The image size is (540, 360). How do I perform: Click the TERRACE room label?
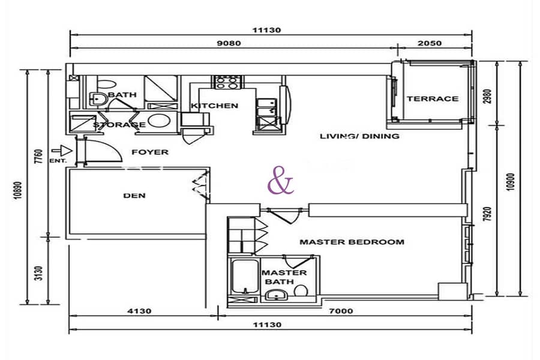(x=433, y=99)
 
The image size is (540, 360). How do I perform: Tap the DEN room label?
(x=134, y=196)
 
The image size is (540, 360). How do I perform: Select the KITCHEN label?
(x=215, y=106)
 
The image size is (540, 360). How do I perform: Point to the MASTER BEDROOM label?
(x=352, y=242)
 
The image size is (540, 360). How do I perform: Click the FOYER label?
(x=150, y=152)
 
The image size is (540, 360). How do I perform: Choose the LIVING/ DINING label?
(x=359, y=136)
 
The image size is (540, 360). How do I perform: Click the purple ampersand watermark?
(x=281, y=180)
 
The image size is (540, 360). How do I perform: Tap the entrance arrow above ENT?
(x=62, y=151)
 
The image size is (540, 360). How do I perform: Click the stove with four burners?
(x=227, y=83)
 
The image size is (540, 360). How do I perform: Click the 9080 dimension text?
(x=229, y=43)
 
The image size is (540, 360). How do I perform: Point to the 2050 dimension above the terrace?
(x=429, y=43)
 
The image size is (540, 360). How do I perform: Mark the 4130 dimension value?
(x=139, y=311)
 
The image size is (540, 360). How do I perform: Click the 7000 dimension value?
(x=341, y=311)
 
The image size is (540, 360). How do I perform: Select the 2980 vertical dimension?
(x=487, y=97)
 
